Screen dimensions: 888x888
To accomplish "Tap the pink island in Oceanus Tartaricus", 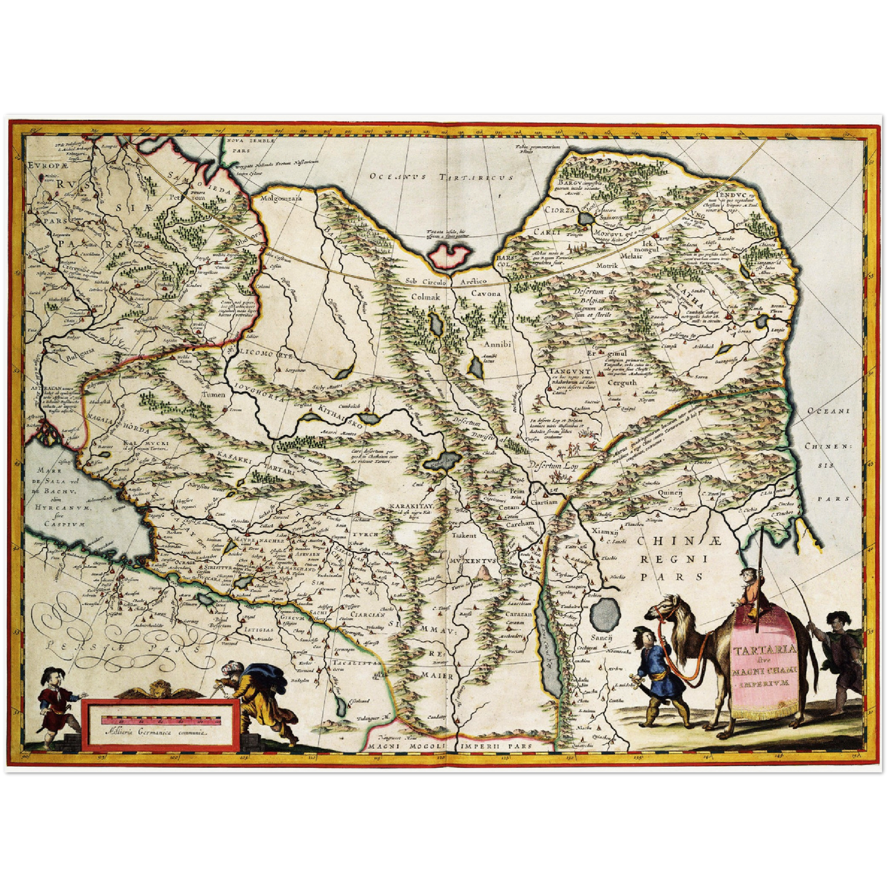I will point(451,254).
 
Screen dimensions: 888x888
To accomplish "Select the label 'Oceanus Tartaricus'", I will point(442,177).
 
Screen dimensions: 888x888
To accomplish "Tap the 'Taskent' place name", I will point(464,535).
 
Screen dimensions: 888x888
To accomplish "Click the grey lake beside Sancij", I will point(605,613).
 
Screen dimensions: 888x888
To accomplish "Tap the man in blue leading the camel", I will point(653,673).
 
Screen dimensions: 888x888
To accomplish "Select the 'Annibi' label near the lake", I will point(497,344).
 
